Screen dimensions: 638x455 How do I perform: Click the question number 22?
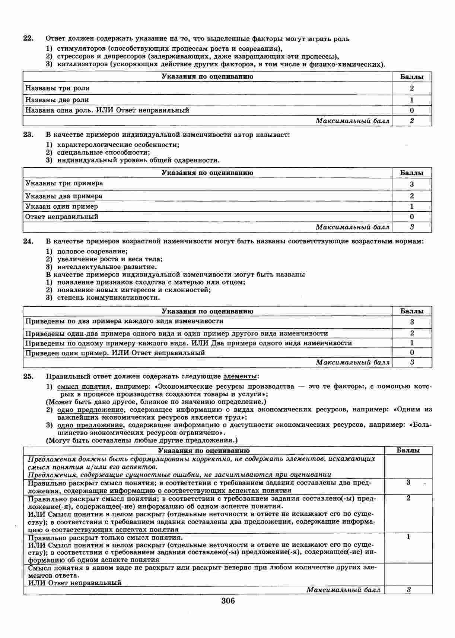(x=28, y=38)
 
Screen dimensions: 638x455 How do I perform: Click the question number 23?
(x=28, y=135)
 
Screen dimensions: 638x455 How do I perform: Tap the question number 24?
(x=28, y=241)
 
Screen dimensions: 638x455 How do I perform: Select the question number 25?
(x=28, y=376)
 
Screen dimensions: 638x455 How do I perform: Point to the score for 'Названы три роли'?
(x=411, y=88)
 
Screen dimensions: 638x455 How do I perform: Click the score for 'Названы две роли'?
(x=411, y=100)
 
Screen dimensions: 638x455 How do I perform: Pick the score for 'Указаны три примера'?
(x=411, y=184)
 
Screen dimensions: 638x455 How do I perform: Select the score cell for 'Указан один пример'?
(x=411, y=206)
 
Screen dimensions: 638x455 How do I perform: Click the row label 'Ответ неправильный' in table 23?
(x=62, y=217)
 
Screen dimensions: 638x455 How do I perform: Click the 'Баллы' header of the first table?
(x=411, y=77)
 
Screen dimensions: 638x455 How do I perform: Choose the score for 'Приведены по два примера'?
(x=411, y=322)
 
